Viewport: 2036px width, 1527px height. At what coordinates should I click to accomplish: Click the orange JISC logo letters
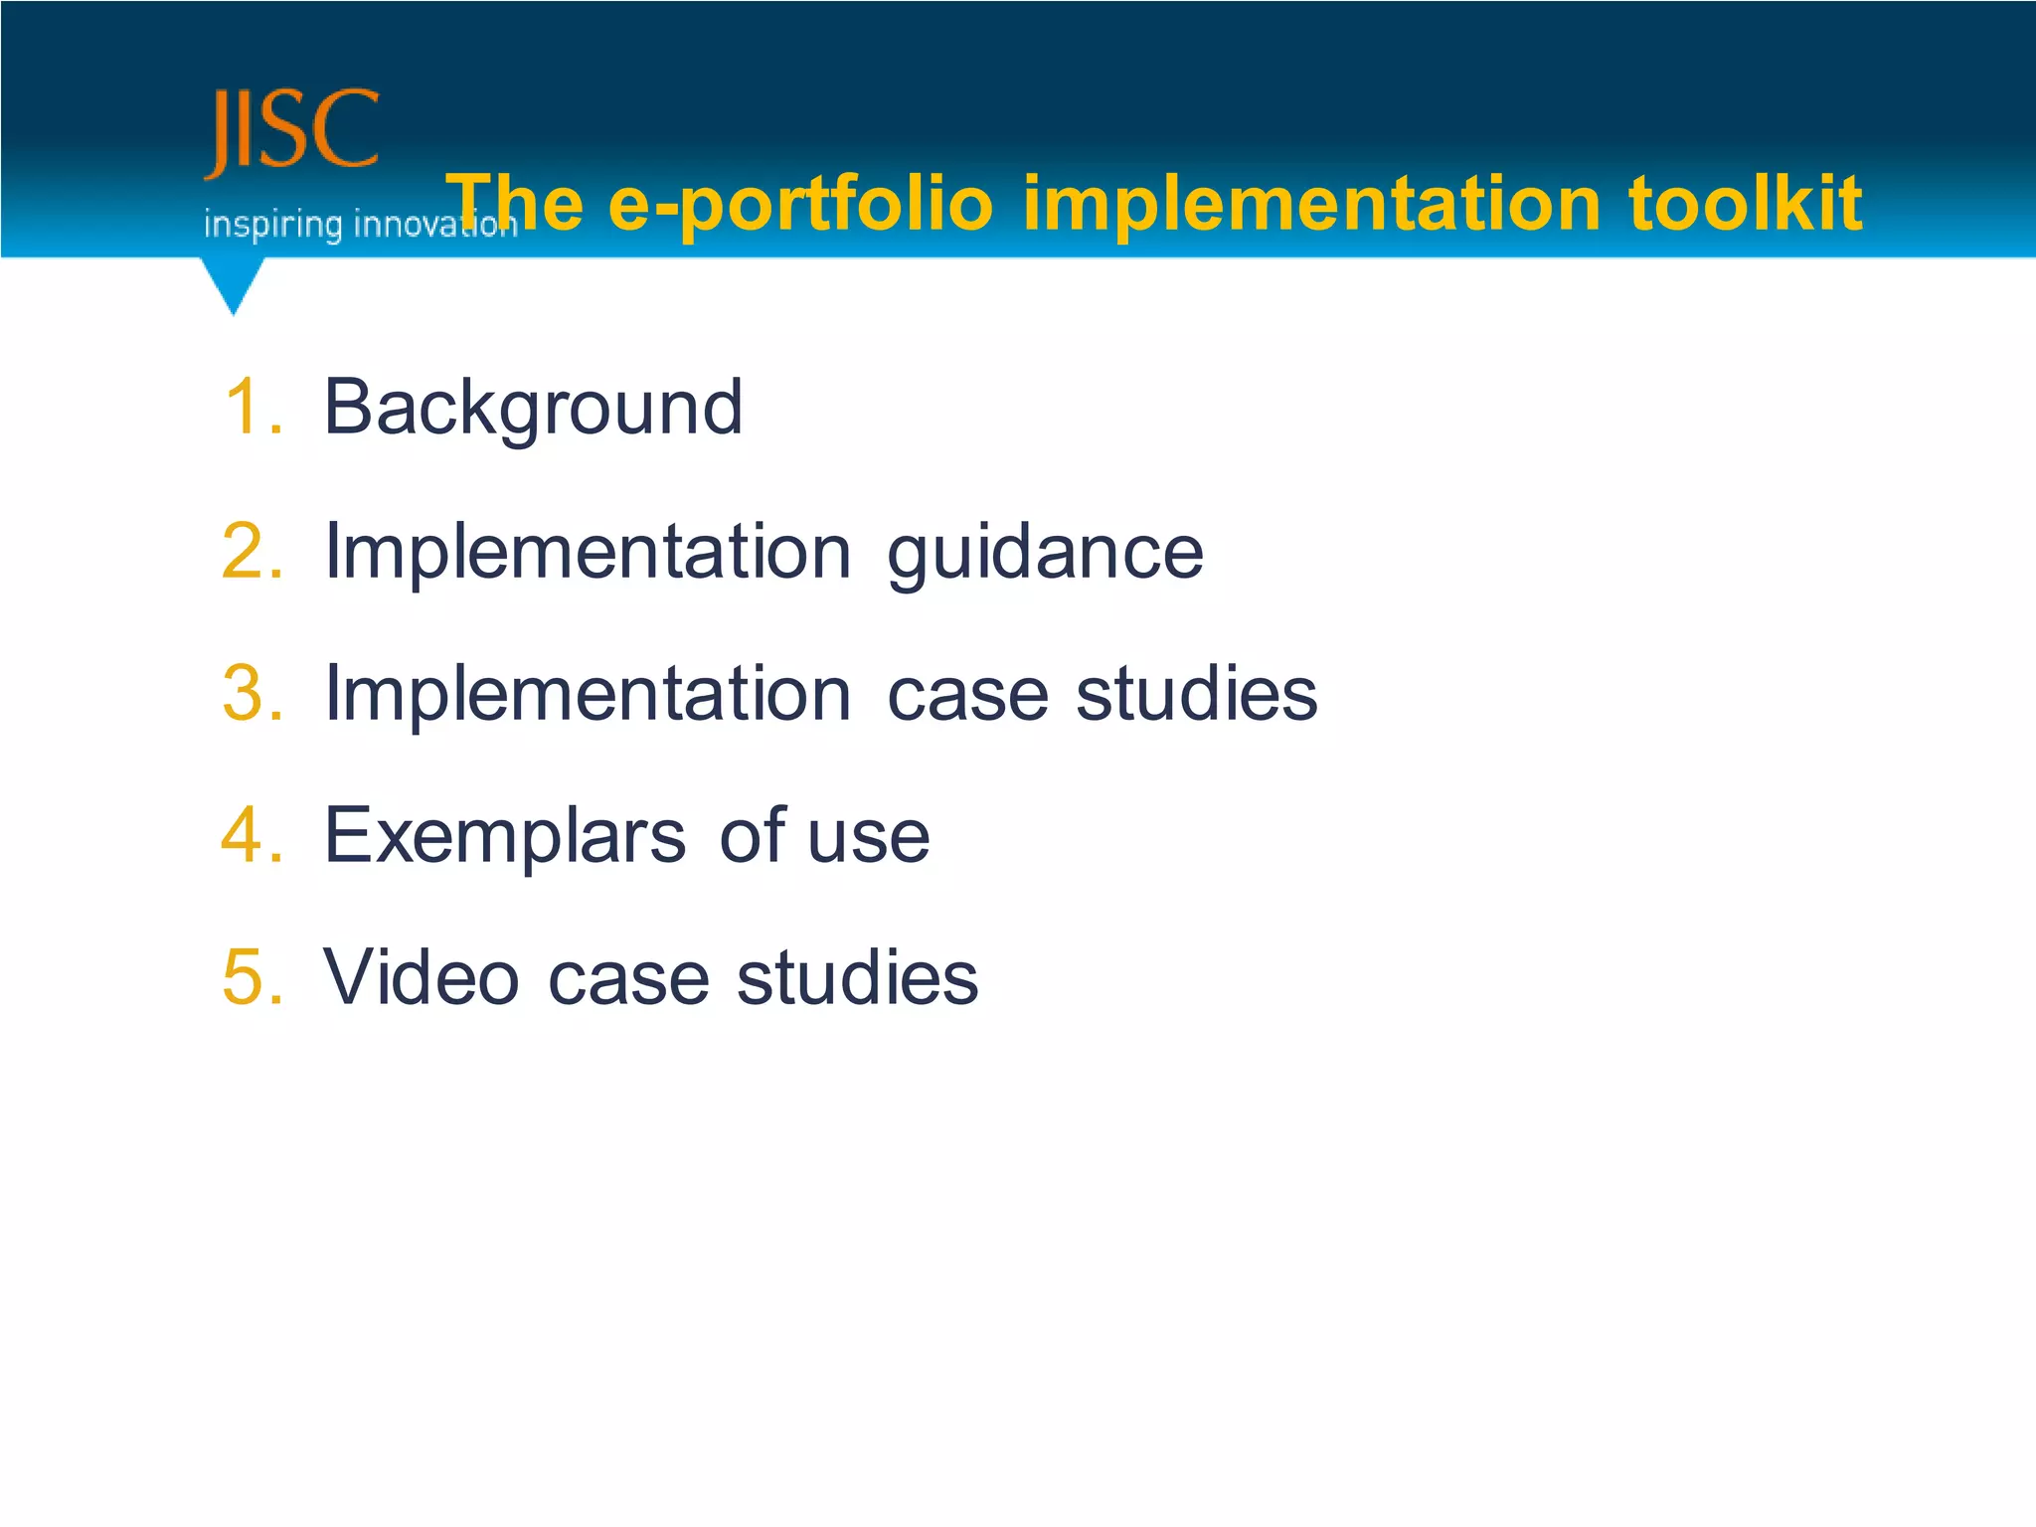tap(291, 132)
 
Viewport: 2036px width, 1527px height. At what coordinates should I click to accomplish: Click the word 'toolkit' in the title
tap(1745, 204)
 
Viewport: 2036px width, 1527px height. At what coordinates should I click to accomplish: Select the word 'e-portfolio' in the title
tap(800, 204)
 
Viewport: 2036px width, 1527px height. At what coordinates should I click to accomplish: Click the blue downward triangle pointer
tap(234, 283)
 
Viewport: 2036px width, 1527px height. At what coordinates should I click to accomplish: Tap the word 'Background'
tap(533, 407)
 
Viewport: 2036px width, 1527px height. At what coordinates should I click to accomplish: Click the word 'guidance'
tap(1045, 553)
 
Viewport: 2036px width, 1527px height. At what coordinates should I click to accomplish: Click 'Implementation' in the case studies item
tap(588, 693)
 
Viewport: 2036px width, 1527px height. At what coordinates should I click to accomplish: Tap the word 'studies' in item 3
tap(1197, 693)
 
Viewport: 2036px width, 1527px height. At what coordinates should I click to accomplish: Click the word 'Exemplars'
tap(505, 835)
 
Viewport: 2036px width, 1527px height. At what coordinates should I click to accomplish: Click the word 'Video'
tap(422, 977)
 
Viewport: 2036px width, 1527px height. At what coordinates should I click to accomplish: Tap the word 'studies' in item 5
tap(857, 977)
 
